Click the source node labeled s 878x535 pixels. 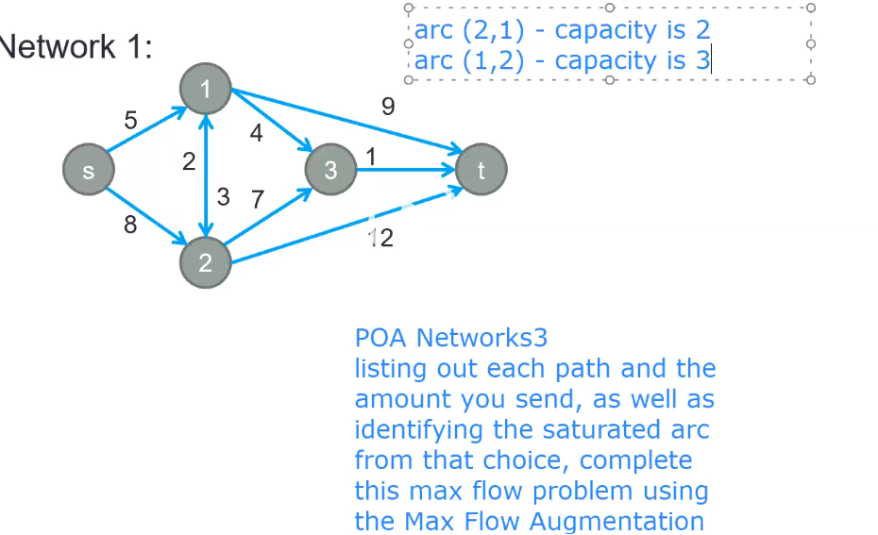coord(89,171)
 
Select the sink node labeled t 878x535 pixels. coord(481,171)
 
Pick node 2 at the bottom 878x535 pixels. coord(206,261)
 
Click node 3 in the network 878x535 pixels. coord(330,171)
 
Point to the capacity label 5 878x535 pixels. coord(131,121)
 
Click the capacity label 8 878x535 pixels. coord(131,225)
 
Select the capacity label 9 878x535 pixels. coord(388,108)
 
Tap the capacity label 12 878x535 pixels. coord(381,238)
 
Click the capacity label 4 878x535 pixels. coord(256,134)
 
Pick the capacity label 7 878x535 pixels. coord(257,199)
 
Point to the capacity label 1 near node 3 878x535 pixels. coord(371,157)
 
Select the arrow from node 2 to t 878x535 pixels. coord(340,226)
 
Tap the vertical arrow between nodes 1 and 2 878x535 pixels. coord(206,176)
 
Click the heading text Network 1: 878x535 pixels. coord(76,47)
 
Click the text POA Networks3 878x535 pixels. coord(451,337)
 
